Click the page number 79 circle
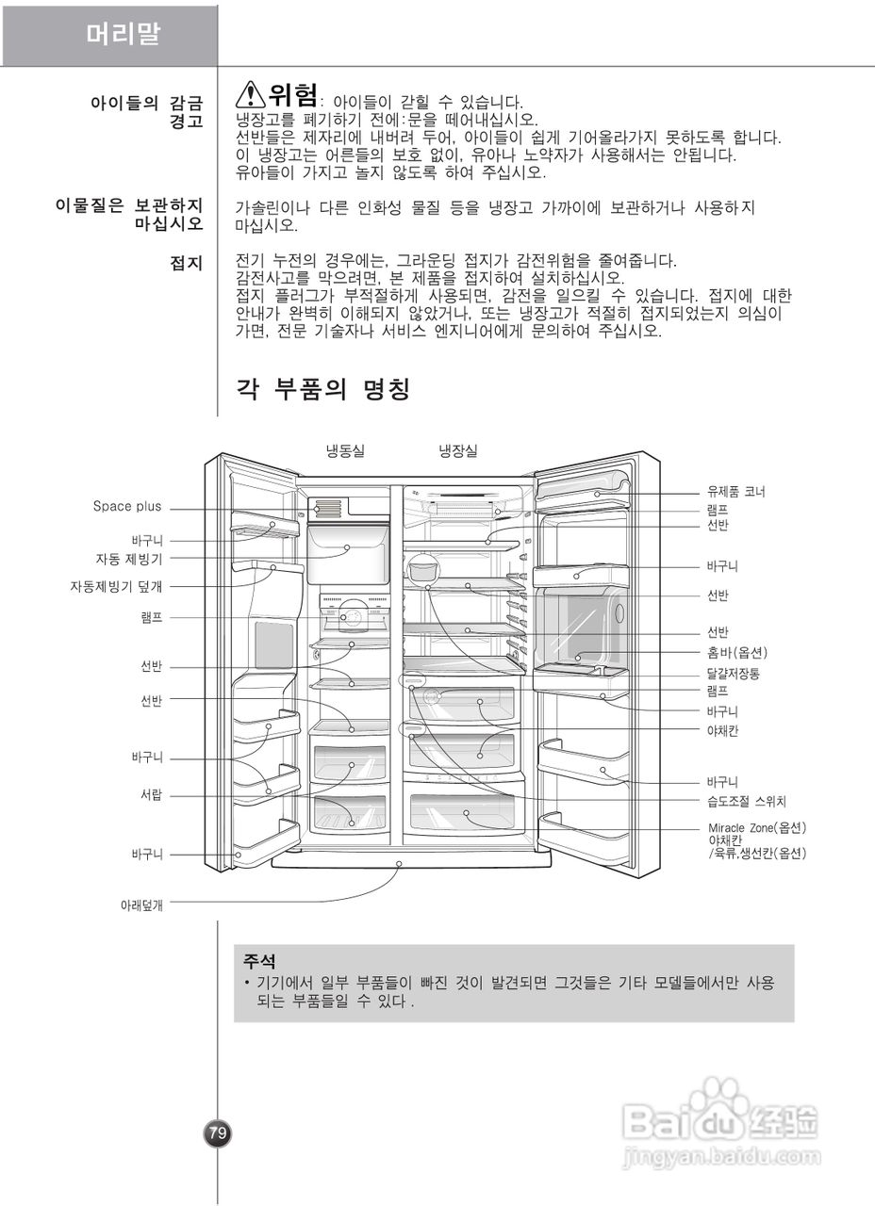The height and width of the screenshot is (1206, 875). (x=218, y=1133)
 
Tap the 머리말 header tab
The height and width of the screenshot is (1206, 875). (x=124, y=35)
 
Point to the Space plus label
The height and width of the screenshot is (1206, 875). (x=127, y=507)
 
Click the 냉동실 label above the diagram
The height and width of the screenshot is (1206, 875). (x=345, y=451)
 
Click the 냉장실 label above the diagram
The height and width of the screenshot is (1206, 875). (x=458, y=451)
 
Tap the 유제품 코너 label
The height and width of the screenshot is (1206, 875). (x=736, y=492)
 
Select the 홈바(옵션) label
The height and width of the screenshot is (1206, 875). (x=737, y=652)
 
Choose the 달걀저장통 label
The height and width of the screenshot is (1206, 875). (x=734, y=674)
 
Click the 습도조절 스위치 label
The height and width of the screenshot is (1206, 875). (x=747, y=802)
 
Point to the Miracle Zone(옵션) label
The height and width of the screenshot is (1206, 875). (x=757, y=827)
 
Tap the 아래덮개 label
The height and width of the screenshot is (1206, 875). (x=142, y=905)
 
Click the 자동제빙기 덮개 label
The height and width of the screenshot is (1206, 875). (x=116, y=586)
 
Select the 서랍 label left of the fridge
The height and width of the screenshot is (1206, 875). (x=152, y=794)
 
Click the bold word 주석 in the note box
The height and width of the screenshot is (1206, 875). (x=259, y=962)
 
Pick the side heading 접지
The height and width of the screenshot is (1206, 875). (x=187, y=263)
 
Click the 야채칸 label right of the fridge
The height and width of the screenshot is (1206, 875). (x=722, y=730)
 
